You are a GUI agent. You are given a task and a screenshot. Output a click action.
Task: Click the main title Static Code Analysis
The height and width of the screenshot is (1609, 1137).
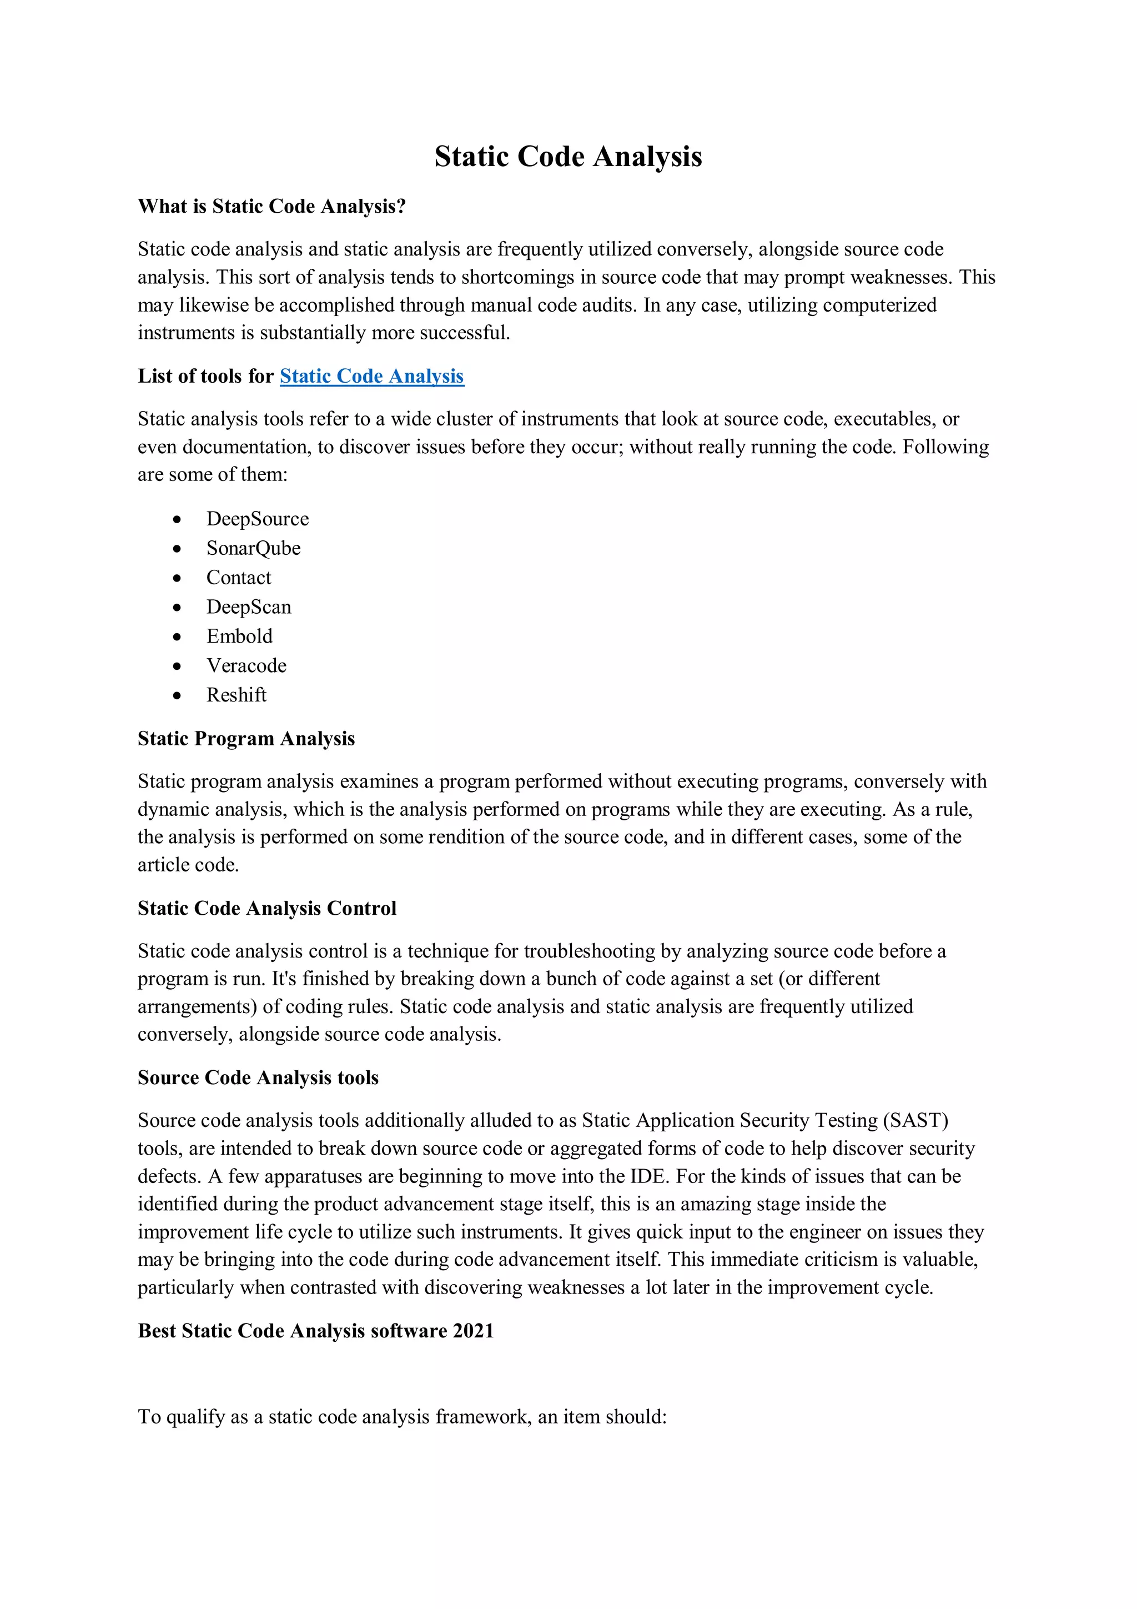(567, 156)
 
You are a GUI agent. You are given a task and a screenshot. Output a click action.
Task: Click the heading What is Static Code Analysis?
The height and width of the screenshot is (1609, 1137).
(272, 206)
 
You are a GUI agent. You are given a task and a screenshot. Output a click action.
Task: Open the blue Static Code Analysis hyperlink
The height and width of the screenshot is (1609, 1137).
(371, 377)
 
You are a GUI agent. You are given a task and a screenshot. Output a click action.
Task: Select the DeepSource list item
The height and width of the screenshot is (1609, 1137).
(257, 519)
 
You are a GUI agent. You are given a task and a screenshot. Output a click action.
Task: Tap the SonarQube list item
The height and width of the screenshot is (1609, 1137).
(253, 548)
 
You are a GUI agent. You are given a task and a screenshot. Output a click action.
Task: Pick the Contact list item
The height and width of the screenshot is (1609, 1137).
(238, 578)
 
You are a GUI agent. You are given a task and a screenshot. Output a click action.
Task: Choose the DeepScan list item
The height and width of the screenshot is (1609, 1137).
(248, 607)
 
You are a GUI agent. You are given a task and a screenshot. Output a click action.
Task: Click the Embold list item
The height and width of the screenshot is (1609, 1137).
(239, 636)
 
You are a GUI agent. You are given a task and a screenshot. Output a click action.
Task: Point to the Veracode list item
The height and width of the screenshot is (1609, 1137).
(246, 666)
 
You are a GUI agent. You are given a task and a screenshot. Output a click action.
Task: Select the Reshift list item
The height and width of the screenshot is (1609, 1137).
(236, 695)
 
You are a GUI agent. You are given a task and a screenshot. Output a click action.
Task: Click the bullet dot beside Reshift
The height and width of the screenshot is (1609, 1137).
(177, 696)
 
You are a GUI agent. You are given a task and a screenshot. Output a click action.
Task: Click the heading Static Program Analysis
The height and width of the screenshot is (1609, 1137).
(246, 739)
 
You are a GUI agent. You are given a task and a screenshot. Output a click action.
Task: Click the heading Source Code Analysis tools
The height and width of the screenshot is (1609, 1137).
(258, 1078)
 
